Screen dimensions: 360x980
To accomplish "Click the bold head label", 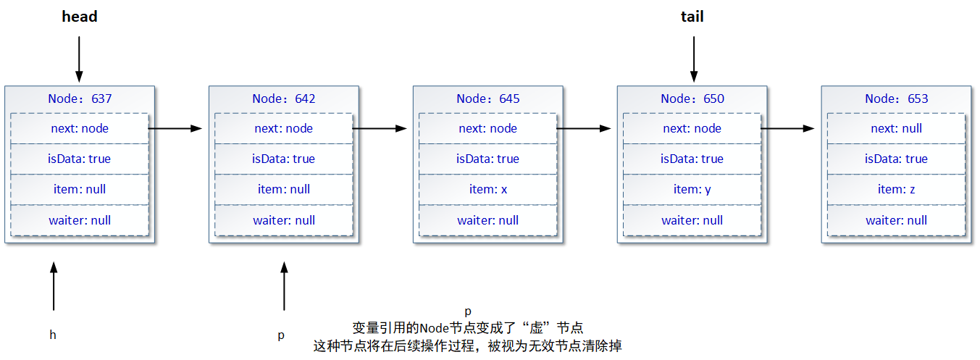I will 79,17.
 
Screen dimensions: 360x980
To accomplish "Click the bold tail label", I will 692,17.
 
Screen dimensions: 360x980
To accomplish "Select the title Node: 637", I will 80,99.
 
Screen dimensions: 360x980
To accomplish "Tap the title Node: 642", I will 284,99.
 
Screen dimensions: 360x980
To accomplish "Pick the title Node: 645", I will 488,99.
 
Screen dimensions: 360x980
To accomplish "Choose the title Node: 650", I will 692,99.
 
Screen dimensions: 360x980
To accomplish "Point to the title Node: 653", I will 897,99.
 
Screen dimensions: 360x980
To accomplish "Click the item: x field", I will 488,189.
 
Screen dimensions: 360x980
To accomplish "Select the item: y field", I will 692,189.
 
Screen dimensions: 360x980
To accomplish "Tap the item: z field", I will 897,189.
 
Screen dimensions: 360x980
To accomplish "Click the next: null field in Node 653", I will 897,128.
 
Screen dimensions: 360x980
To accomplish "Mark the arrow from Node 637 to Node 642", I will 175,128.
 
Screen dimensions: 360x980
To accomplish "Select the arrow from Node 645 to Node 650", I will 583,128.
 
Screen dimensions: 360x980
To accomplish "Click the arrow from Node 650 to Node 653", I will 787,128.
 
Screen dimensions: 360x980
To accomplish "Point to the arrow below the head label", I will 79,59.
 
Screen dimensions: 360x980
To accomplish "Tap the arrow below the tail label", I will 693,59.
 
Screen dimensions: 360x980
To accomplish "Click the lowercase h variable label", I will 53,335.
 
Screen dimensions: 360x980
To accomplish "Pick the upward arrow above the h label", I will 54,287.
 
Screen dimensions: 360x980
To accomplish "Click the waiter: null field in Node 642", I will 284,220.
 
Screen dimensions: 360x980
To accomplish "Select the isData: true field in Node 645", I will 488,159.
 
